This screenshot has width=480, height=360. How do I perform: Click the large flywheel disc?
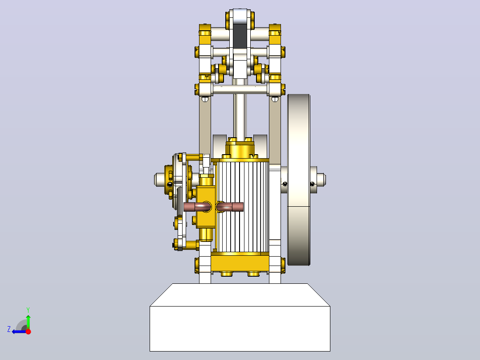299,180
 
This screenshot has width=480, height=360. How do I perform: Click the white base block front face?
240,328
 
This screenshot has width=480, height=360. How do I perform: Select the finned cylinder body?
242,207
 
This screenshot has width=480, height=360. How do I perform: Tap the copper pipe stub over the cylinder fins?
230,207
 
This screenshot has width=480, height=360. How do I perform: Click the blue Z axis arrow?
20,331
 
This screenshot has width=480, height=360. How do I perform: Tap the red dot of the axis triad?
28,331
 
